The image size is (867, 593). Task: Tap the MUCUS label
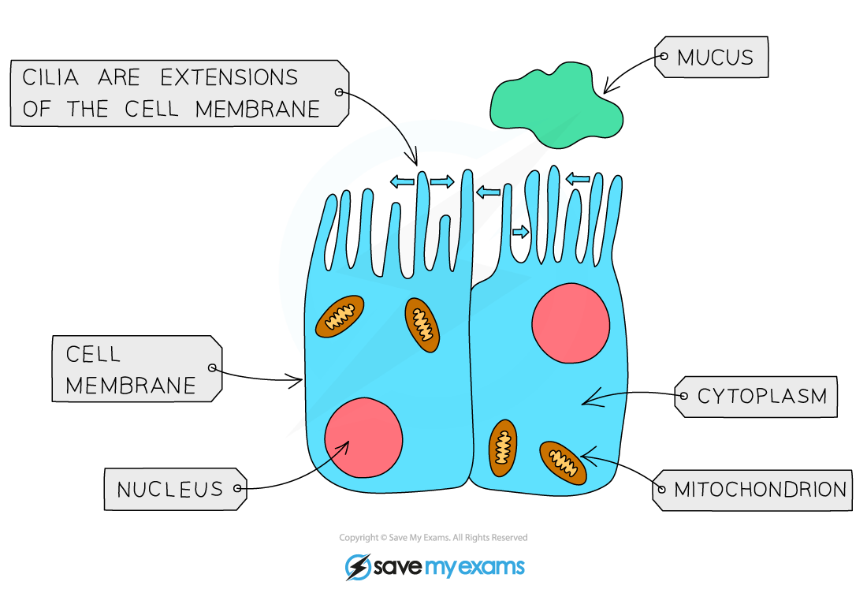[715, 58]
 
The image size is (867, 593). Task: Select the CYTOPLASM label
[761, 396]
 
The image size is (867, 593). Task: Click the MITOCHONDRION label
[760, 490]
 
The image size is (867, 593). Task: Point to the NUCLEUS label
[170, 490]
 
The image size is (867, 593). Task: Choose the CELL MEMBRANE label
[131, 369]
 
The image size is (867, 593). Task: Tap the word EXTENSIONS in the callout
[229, 78]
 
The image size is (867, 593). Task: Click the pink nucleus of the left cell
[363, 438]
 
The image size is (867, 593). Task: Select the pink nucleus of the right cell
[571, 324]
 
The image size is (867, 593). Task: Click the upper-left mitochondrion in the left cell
[340, 316]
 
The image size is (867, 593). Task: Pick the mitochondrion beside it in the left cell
[422, 325]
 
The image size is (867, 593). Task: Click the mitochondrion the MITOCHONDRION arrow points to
[563, 463]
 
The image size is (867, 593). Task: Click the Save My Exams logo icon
[359, 567]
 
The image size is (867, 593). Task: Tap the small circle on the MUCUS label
[663, 57]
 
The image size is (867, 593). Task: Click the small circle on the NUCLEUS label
[238, 489]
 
